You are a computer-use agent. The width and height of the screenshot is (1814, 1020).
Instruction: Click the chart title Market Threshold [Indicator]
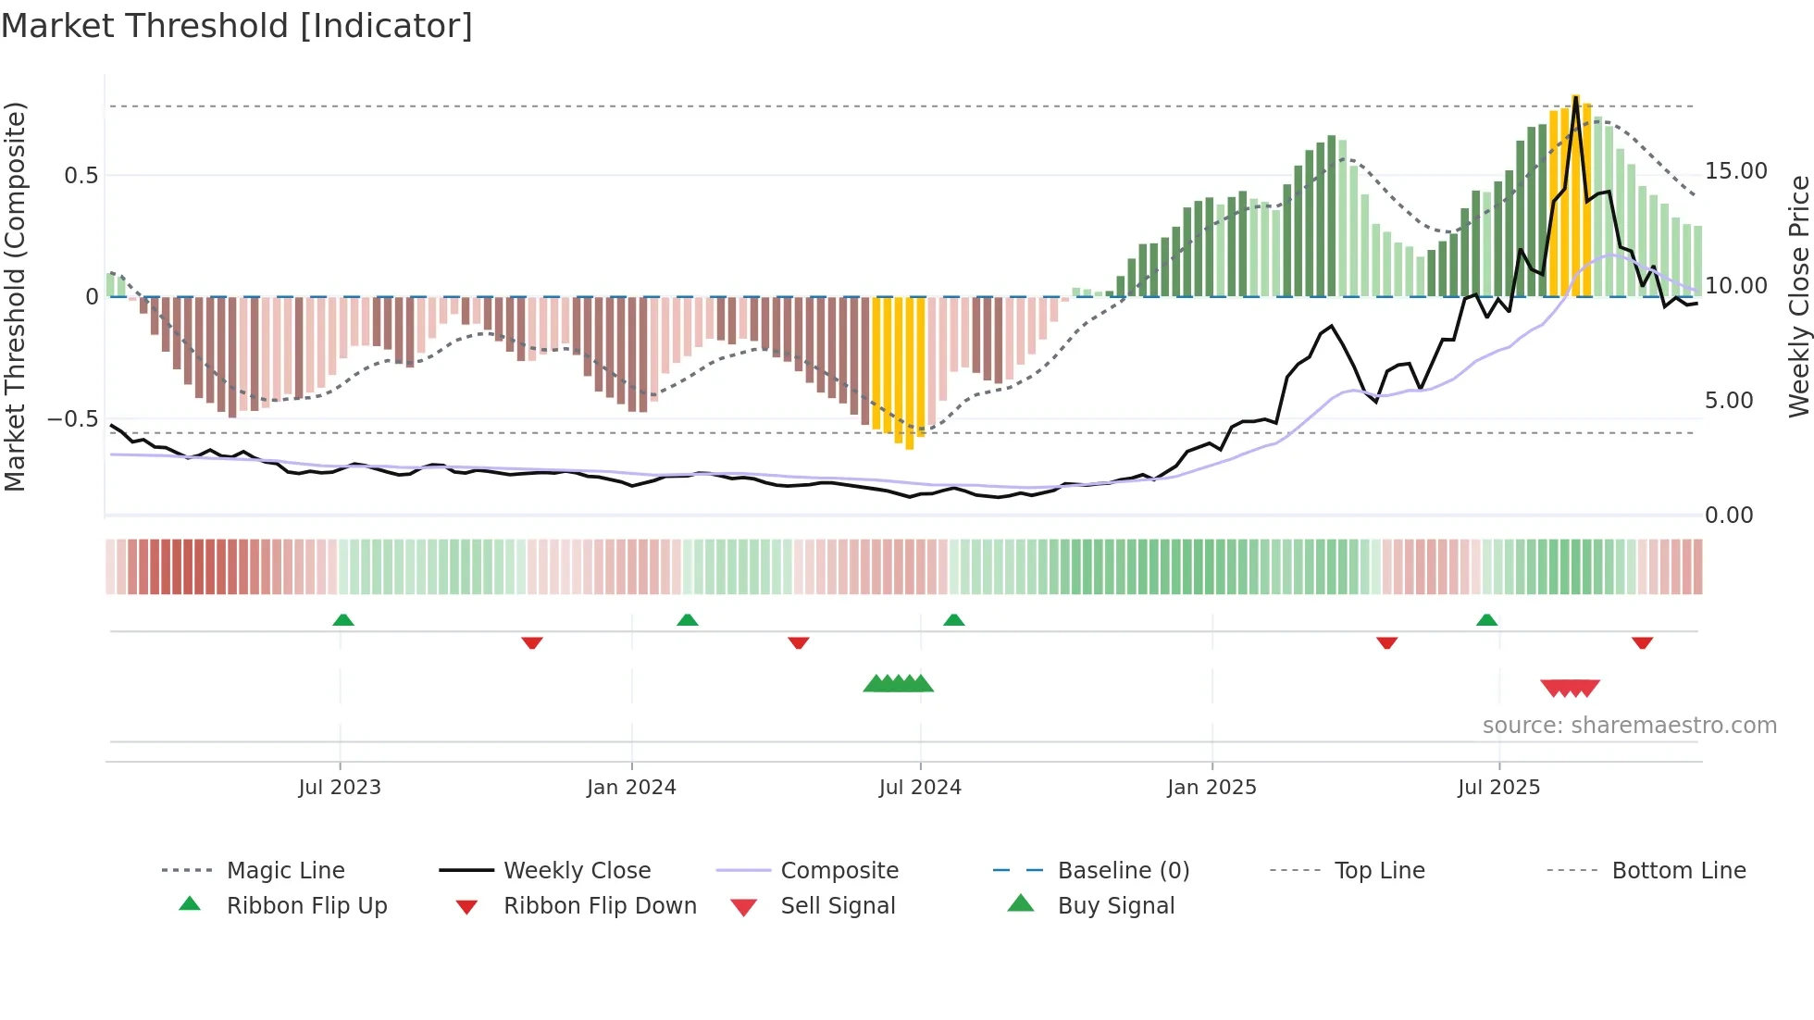coord(237,26)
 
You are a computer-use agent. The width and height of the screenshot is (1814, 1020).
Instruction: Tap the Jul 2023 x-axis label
coord(340,788)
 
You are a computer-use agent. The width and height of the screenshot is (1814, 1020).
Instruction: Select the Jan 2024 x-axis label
coord(631,788)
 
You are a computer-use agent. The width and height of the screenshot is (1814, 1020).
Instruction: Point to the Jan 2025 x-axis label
coord(1211,788)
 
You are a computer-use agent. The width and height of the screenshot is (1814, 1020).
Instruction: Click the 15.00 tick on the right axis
coord(1735,171)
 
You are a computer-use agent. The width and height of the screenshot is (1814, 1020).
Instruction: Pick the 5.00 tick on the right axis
coord(1728,401)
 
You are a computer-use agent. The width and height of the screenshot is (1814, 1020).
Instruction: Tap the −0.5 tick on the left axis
coord(72,419)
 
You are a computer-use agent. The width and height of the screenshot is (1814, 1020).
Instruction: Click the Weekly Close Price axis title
coord(1798,296)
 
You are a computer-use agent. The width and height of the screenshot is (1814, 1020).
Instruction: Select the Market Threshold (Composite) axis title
coord(15,296)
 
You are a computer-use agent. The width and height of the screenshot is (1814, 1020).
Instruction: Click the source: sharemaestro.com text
coord(1629,726)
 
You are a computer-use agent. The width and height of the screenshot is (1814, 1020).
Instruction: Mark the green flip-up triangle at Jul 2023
coord(343,620)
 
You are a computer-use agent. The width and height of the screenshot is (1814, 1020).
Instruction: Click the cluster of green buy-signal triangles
coord(898,684)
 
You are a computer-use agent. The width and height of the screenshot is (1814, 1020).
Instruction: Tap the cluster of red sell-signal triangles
coord(1570,688)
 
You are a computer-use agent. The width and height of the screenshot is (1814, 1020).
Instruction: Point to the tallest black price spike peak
coord(1575,96)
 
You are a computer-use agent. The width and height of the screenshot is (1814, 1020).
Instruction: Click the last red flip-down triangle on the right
coord(1642,642)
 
